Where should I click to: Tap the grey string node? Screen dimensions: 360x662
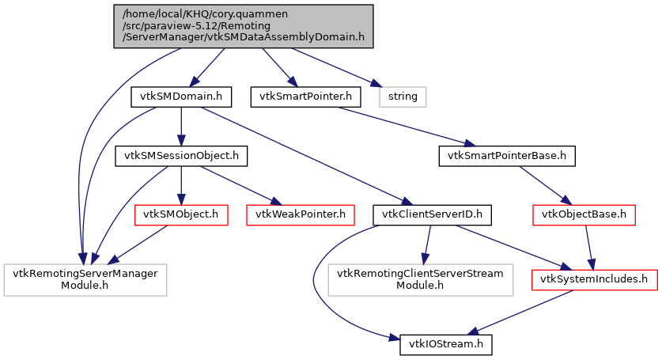tap(403, 97)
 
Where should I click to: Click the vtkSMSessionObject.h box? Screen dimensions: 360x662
tap(181, 155)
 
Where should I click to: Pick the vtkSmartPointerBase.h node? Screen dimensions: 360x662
tap(507, 155)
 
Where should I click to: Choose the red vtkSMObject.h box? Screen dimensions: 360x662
tap(181, 214)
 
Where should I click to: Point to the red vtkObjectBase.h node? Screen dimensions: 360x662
tap(584, 214)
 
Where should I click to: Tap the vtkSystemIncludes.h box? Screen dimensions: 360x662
tap(594, 279)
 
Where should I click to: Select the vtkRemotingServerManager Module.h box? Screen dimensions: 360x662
tap(85, 279)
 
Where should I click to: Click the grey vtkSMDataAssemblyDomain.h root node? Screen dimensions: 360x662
tap(239, 25)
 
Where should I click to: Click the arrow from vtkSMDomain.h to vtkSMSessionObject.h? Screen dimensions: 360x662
tap(181, 126)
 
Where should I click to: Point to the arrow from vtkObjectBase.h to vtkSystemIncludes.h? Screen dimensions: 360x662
tap(588, 245)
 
